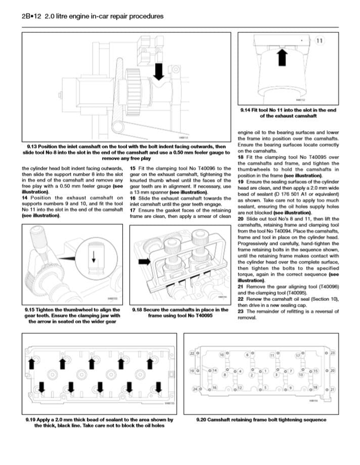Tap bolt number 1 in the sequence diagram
tap(266, 371)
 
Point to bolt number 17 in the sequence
tap(297, 355)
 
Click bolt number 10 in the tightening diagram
tap(221, 355)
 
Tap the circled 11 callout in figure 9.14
tap(319, 41)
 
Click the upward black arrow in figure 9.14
tap(282, 58)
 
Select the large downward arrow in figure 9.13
tap(158, 72)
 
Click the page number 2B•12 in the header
tap(31, 16)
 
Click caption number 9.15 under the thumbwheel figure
tap(33, 309)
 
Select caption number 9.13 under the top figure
tap(33, 147)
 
